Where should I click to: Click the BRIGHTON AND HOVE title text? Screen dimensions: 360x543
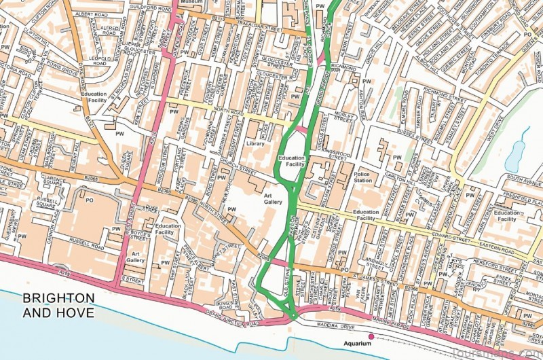point(58,306)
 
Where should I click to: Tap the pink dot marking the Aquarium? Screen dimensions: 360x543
point(371,336)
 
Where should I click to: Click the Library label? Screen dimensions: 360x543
point(255,144)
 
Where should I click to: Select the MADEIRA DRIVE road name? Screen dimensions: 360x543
point(339,325)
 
